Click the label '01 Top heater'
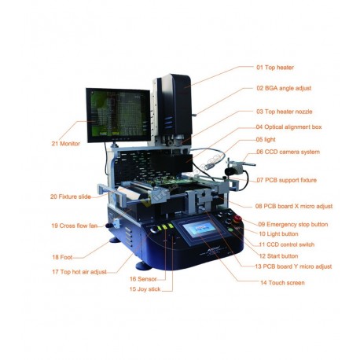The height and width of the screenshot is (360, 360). coord(275,68)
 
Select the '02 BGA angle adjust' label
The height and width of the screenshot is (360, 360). coord(284,88)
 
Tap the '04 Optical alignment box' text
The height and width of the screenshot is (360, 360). coord(288,127)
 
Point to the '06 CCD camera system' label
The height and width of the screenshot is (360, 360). coord(288,152)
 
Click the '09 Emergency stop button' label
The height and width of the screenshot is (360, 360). coord(293,225)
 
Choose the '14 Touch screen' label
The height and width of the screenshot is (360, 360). coord(282,283)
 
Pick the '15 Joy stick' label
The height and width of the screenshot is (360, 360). coord(145,289)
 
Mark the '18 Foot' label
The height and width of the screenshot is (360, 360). coord(62,257)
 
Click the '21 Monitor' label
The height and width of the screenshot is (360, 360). coord(66,144)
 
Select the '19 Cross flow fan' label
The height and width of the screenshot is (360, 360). coord(75,226)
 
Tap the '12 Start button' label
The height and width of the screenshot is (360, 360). coord(278,256)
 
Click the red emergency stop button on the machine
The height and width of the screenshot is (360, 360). coord(237,219)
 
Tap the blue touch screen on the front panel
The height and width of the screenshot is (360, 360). coord(200,229)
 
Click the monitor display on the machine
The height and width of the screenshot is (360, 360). coord(118,115)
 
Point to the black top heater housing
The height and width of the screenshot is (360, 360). coord(174,105)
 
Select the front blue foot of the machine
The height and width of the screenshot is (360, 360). coord(143,266)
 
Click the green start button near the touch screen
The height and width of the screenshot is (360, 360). coord(230,230)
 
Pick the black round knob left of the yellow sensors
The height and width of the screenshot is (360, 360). coord(154,229)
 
